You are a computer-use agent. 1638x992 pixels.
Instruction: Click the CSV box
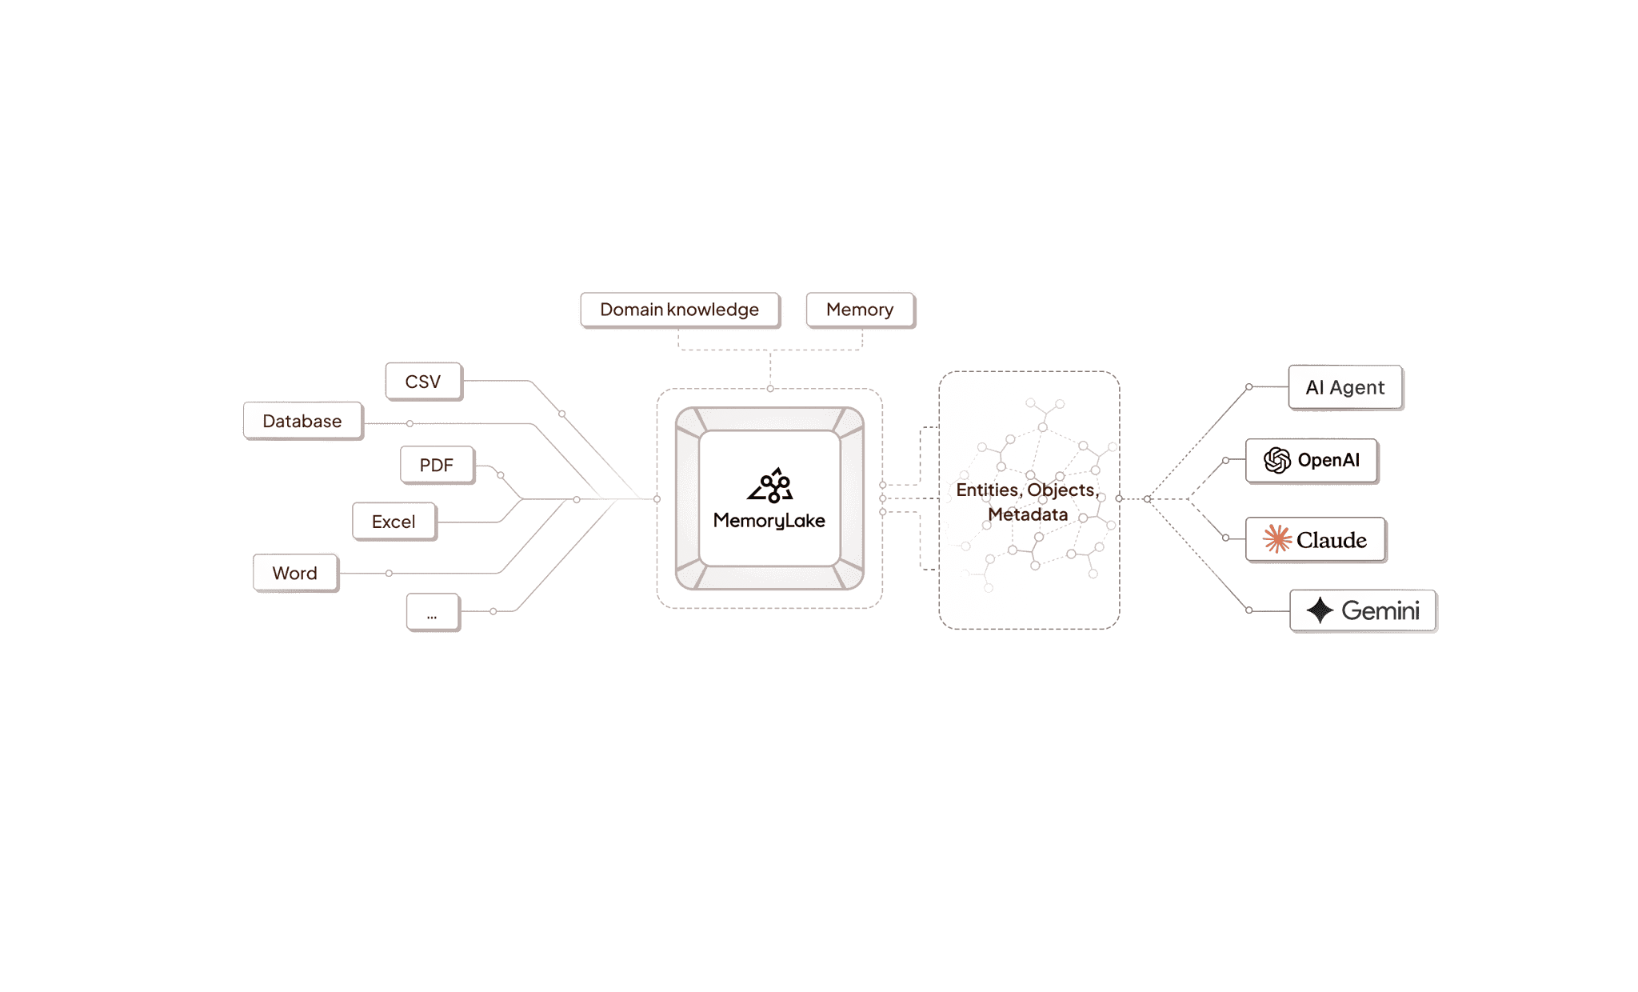click(x=423, y=382)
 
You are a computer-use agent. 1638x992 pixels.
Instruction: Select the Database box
click(x=302, y=421)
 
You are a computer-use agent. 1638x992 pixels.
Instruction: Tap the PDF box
click(x=437, y=465)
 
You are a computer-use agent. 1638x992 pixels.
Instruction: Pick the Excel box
click(x=394, y=522)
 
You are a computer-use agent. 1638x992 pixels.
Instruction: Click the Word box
click(x=295, y=573)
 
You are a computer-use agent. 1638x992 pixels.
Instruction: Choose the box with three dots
click(x=432, y=613)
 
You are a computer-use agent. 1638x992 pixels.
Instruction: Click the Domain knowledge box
click(x=679, y=310)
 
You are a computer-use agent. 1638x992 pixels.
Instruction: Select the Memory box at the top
click(x=860, y=310)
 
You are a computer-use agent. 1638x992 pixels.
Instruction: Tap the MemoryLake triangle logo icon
click(x=770, y=486)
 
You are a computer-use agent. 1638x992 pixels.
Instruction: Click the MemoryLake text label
click(x=769, y=521)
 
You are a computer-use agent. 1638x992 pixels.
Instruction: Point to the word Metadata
click(x=1028, y=514)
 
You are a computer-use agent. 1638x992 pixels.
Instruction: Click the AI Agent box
click(x=1345, y=387)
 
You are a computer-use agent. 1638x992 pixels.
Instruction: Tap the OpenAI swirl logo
click(x=1277, y=460)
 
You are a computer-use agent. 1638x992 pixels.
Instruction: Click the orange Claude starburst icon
click(x=1277, y=539)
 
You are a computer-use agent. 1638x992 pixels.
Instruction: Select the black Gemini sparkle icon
click(x=1320, y=610)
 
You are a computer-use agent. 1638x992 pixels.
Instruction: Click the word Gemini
click(x=1380, y=610)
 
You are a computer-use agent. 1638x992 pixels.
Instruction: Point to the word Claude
click(x=1332, y=540)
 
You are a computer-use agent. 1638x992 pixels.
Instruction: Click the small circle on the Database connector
click(x=409, y=423)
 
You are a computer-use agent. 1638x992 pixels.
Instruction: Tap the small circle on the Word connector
click(x=389, y=574)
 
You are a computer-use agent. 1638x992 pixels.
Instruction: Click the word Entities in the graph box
click(x=989, y=490)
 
